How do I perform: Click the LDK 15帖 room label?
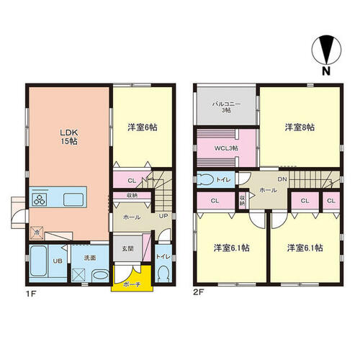tap(69, 137)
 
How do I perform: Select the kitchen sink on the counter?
tap(73, 199)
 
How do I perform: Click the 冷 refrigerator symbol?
tap(37, 233)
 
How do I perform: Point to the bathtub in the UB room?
tap(38, 261)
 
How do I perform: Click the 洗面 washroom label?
tap(90, 258)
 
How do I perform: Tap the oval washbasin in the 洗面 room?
tap(101, 274)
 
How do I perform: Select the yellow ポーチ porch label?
tap(132, 284)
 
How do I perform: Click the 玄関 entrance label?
tap(127, 248)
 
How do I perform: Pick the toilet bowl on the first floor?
tap(163, 274)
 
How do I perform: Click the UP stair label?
tap(163, 216)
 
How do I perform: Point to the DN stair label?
tap(282, 179)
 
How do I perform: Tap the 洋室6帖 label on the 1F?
tap(143, 127)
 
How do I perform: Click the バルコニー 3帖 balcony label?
tap(226, 107)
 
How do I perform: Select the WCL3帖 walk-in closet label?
tap(226, 148)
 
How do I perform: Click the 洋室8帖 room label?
tap(300, 127)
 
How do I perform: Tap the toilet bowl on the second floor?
tap(205, 179)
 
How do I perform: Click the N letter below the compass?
tap(326, 71)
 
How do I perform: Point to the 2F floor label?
tap(199, 292)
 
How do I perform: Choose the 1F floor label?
tap(30, 293)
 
